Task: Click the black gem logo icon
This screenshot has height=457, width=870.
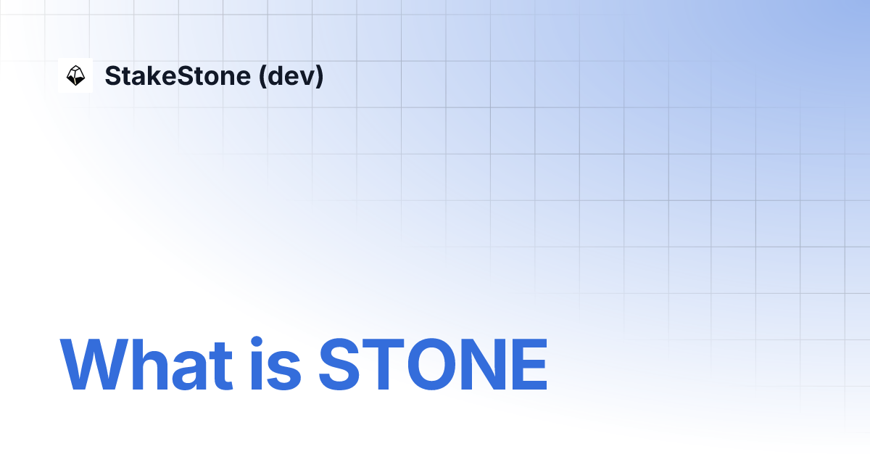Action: (x=75, y=75)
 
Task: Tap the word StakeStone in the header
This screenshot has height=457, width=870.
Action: (x=177, y=75)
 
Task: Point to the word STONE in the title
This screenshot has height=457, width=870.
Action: (x=433, y=364)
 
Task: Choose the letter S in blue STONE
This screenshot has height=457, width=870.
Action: (x=341, y=364)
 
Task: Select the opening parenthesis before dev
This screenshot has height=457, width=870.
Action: (x=262, y=76)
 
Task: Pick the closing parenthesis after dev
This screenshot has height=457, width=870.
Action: (x=320, y=76)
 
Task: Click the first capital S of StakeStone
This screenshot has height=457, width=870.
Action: (x=112, y=75)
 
